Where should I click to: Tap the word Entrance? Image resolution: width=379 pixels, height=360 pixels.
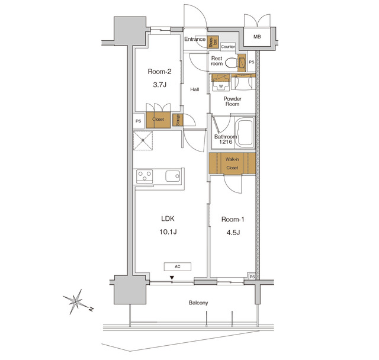pos(195,40)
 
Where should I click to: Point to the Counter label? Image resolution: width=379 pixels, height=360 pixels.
pos(229,46)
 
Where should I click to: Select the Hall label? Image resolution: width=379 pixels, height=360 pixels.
pos(194,90)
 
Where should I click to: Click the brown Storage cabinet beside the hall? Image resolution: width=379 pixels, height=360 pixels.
pos(177,120)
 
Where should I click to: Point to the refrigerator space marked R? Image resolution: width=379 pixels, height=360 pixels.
pos(143,141)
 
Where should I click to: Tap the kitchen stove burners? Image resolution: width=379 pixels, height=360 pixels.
pos(145,176)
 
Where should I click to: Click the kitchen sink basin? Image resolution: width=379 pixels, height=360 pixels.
pos(173,176)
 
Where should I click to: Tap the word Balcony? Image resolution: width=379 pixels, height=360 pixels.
pos(198,303)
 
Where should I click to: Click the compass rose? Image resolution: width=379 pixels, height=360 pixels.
pos(76,301)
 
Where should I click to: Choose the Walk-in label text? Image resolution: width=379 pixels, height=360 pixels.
pos(232,159)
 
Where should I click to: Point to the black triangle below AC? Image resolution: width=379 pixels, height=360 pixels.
pos(172,277)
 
